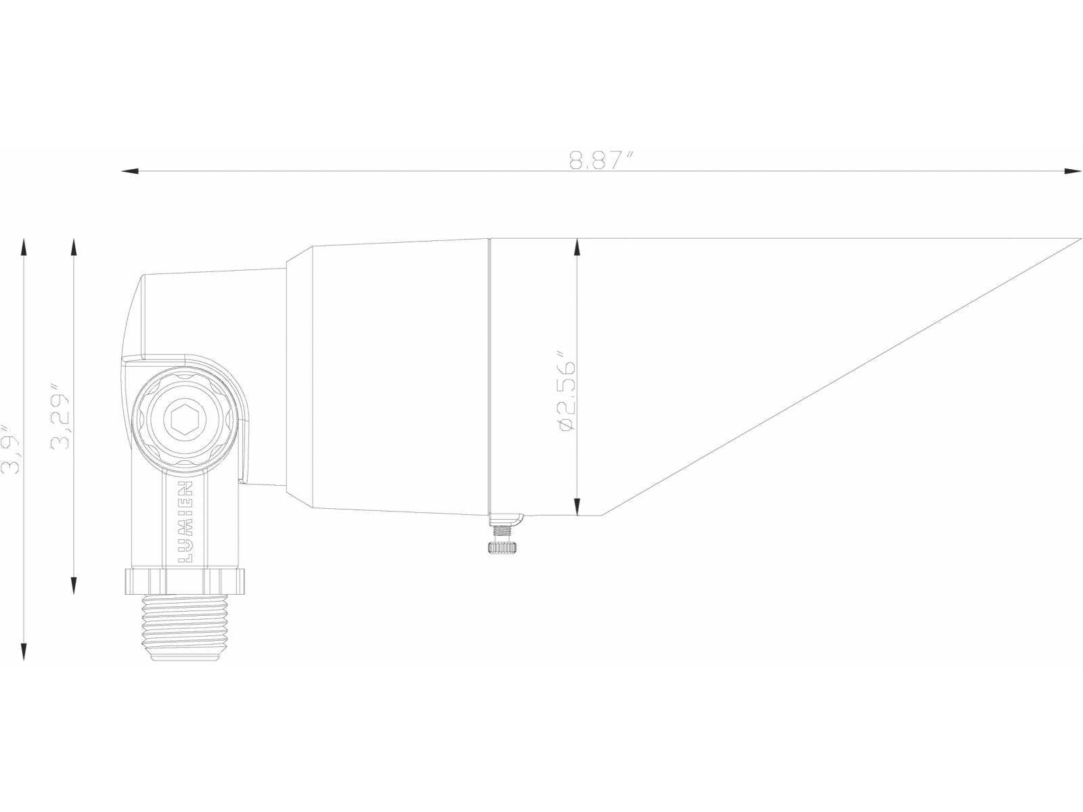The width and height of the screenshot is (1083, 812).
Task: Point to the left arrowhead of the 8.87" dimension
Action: (x=129, y=171)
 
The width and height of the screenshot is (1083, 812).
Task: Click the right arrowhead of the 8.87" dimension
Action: (x=1073, y=171)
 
